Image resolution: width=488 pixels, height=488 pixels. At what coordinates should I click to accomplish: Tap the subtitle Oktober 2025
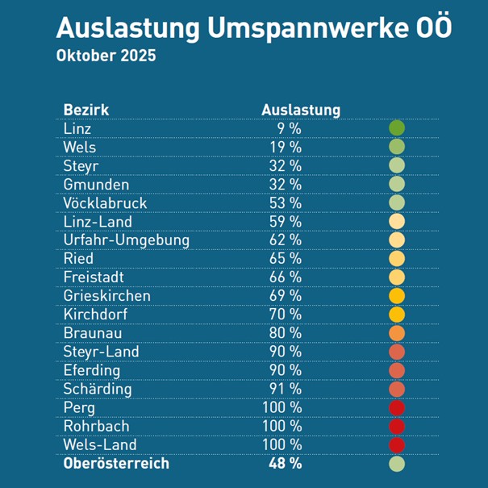tap(106, 58)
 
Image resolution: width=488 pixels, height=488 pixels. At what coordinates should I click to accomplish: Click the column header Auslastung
tap(301, 110)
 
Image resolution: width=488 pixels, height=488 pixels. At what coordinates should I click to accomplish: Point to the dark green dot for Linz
tap(396, 128)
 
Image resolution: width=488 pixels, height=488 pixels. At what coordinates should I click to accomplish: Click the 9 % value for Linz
tap(289, 128)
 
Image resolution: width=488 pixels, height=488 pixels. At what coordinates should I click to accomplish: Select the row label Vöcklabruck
tap(105, 202)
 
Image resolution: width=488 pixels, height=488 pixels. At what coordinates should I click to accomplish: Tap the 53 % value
tap(285, 202)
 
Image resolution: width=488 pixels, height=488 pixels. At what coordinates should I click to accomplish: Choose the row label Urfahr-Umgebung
tap(126, 240)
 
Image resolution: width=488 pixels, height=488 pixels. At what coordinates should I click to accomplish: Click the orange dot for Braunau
tap(396, 333)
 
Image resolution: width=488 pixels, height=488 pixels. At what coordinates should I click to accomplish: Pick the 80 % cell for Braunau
tap(285, 333)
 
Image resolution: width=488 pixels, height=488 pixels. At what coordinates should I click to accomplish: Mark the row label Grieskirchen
tap(106, 295)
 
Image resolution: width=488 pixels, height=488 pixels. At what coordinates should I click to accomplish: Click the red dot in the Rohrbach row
tap(396, 426)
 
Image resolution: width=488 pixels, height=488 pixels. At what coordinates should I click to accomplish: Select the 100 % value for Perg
tap(282, 407)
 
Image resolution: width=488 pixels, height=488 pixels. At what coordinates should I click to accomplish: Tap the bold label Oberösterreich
tap(116, 464)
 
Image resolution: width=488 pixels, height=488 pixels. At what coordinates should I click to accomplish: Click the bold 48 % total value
tap(285, 464)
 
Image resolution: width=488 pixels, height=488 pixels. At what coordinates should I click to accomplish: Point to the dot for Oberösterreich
tap(396, 464)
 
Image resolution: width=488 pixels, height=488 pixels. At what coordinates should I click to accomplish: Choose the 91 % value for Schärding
tap(285, 389)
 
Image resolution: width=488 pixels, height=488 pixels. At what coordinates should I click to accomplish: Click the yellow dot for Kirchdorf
tap(396, 315)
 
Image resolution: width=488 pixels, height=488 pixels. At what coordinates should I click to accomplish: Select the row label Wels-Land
tap(99, 444)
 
